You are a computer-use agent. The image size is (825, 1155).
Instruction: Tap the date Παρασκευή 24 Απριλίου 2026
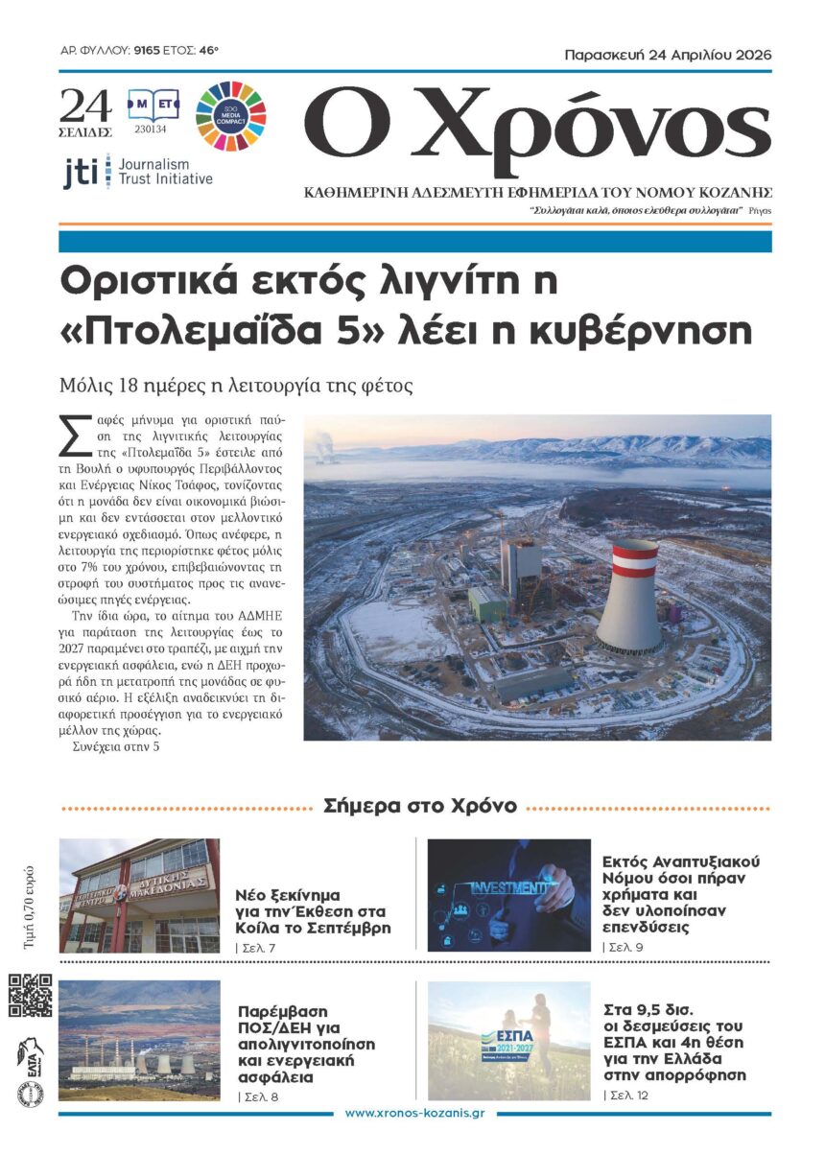(x=667, y=55)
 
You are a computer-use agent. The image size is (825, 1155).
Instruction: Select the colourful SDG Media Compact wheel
(x=231, y=117)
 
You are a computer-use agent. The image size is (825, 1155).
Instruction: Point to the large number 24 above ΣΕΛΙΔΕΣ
(x=86, y=105)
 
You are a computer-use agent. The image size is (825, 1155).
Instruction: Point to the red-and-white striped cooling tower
(x=630, y=595)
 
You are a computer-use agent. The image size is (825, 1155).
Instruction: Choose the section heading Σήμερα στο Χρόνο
(x=420, y=806)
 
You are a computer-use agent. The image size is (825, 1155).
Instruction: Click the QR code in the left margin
(x=31, y=995)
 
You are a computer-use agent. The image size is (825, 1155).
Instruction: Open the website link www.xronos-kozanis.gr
(x=413, y=1113)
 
